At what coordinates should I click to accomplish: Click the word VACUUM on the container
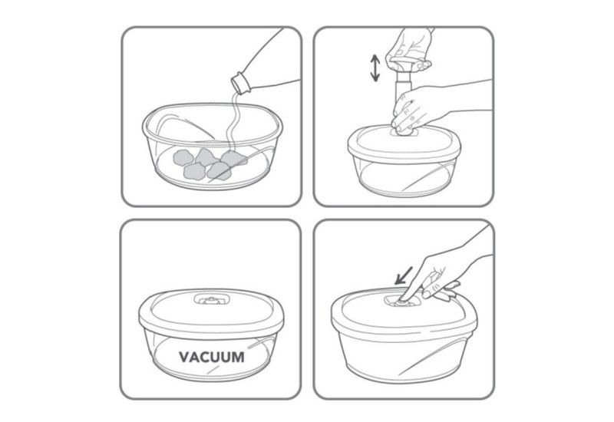(212, 357)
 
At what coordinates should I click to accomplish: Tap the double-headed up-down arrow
(375, 68)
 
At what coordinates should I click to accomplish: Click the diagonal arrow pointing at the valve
(404, 275)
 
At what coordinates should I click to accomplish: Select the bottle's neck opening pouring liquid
(240, 83)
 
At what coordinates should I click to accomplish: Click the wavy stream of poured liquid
(234, 121)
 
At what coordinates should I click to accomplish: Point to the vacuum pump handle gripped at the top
(408, 63)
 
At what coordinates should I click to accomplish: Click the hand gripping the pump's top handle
(409, 49)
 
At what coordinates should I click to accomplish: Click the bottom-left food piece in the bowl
(194, 172)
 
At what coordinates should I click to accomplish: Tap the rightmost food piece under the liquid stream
(234, 159)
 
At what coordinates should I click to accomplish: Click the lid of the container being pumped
(404, 143)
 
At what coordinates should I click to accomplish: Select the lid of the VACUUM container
(212, 313)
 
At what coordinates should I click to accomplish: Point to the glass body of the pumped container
(404, 176)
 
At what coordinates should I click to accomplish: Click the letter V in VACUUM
(184, 357)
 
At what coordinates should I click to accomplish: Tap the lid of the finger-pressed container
(404, 313)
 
